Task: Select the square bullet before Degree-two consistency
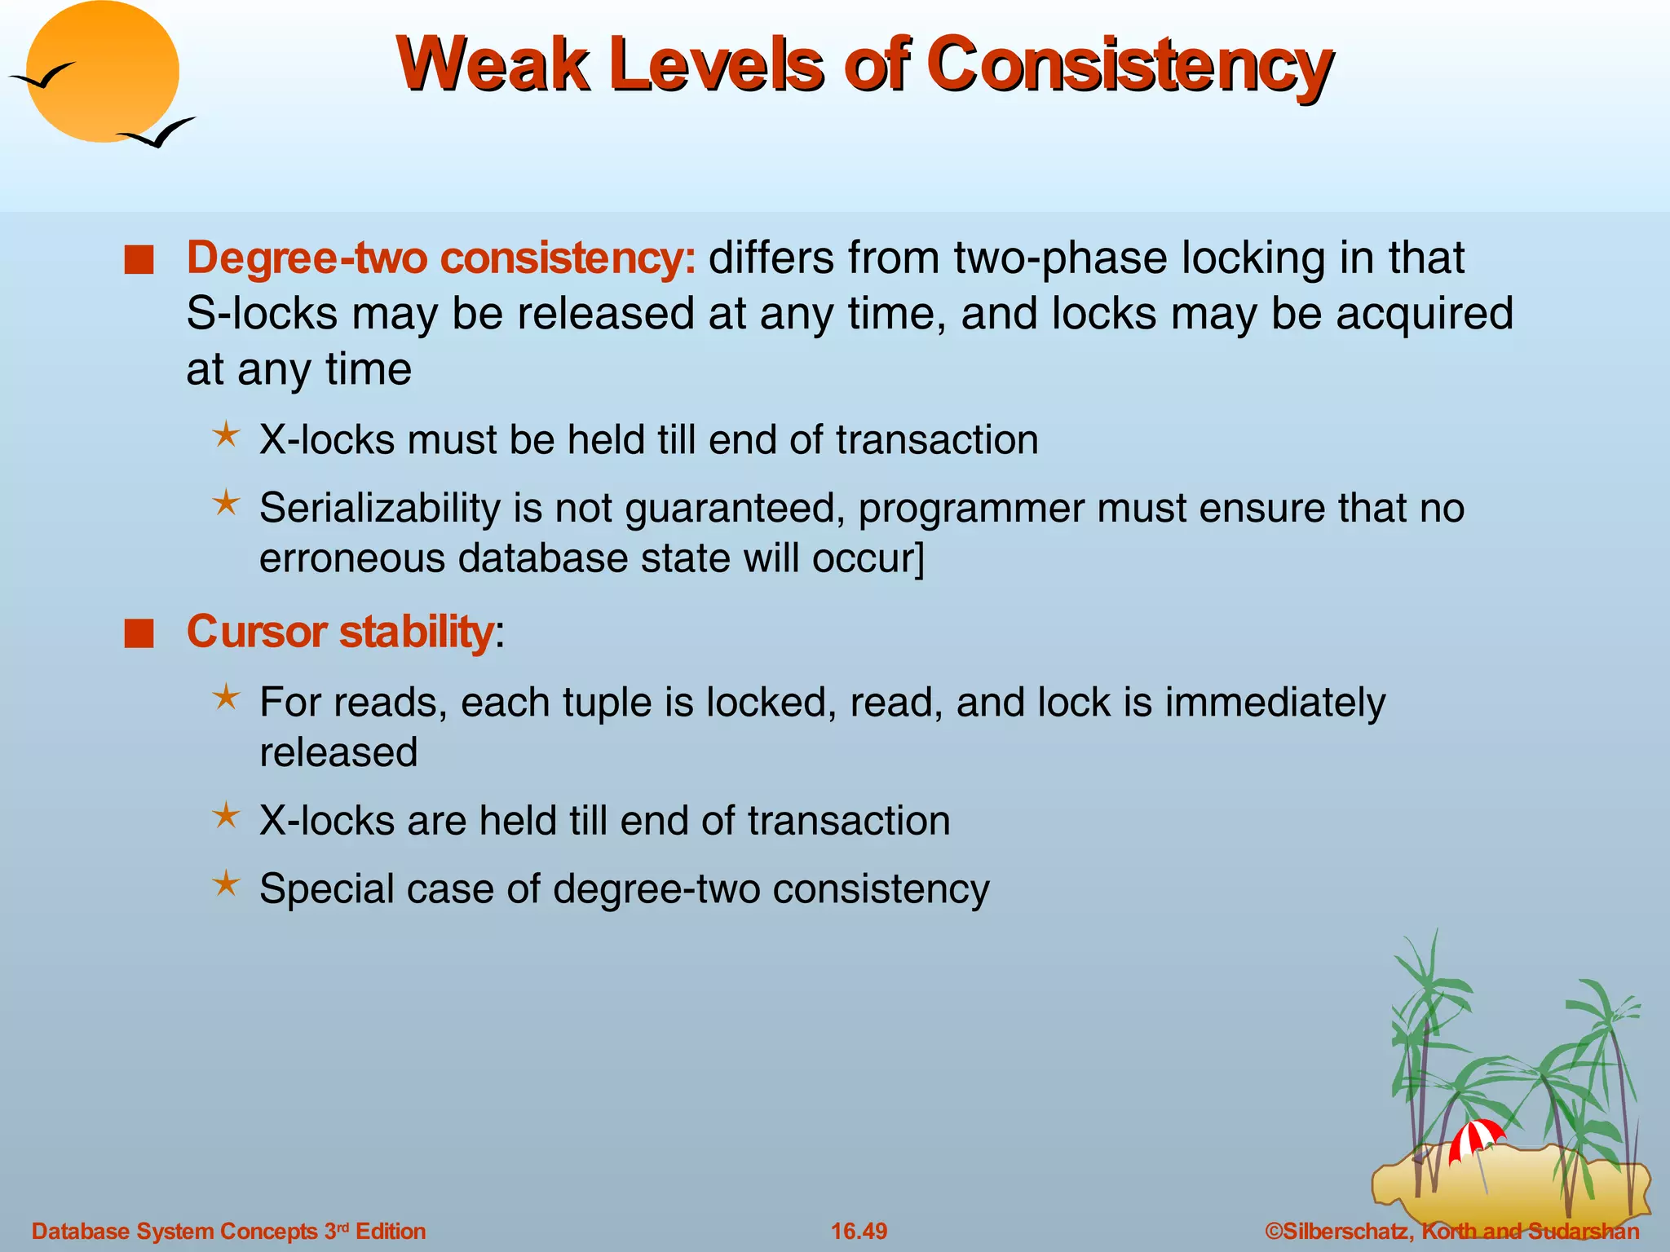click(139, 262)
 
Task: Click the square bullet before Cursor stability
click(139, 634)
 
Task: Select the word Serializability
click(379, 508)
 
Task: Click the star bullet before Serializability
click(226, 503)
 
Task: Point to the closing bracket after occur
click(921, 559)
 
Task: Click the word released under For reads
click(338, 752)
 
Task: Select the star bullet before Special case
click(226, 884)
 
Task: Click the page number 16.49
click(859, 1231)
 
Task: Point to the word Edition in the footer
click(391, 1231)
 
